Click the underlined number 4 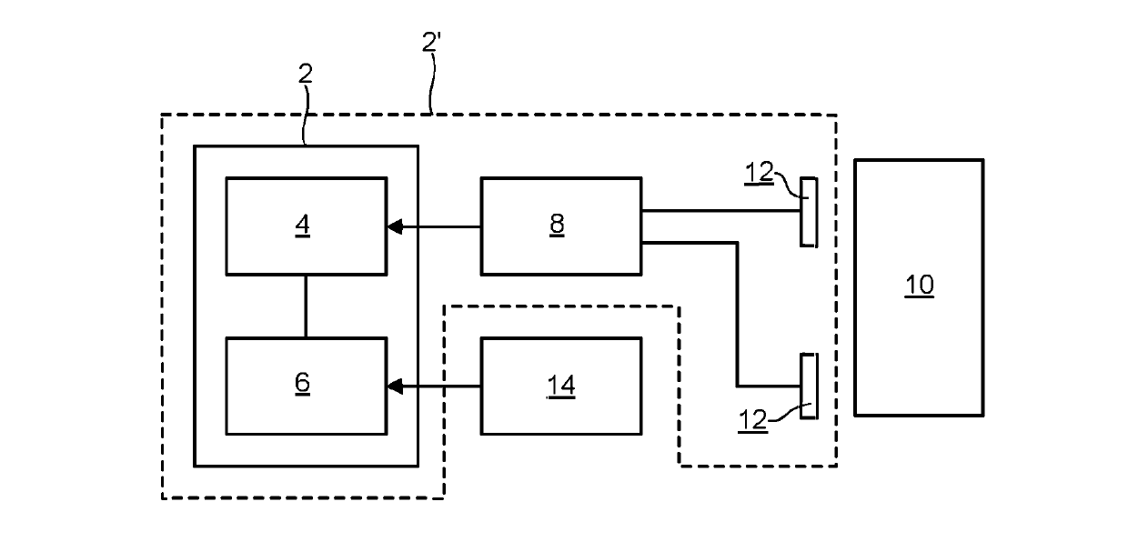[x=302, y=225]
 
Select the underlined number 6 [x=302, y=383]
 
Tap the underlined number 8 [x=557, y=224]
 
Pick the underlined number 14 [x=561, y=386]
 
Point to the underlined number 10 [x=919, y=286]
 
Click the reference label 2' [x=431, y=42]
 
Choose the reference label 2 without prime [x=305, y=74]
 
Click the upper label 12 [x=759, y=173]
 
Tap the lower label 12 [x=752, y=420]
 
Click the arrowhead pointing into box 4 [x=395, y=227]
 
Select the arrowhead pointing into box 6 [x=395, y=386]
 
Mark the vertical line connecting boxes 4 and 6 [x=305, y=306]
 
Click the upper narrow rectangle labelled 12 [x=809, y=212]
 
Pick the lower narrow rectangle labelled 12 [x=809, y=386]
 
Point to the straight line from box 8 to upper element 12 [x=721, y=211]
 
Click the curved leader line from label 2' [x=432, y=83]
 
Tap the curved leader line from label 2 [x=305, y=115]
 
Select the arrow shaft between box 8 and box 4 [x=441, y=227]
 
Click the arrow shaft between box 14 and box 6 [x=441, y=386]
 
